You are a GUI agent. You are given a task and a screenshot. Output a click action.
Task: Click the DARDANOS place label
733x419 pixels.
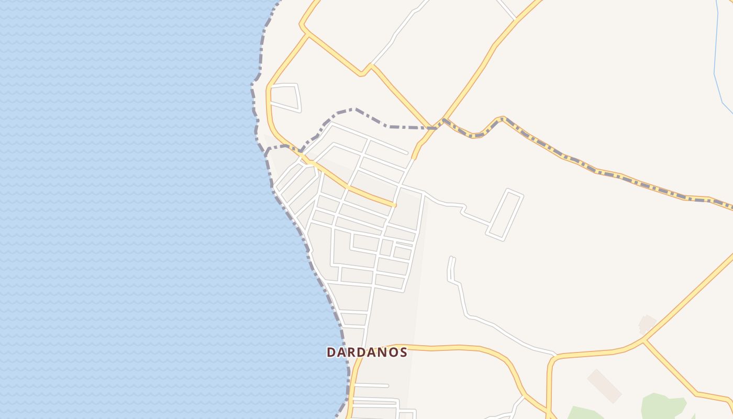(366, 352)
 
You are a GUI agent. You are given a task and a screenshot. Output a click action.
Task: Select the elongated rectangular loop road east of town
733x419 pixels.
(505, 215)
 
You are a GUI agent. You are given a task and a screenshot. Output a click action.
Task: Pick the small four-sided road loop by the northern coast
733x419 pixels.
(284, 97)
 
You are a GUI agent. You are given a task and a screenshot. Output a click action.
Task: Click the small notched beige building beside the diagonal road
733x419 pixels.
(647, 324)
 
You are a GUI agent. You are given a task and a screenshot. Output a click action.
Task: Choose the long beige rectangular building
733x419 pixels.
(604, 385)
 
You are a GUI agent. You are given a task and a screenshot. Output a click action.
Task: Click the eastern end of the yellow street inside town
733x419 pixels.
(394, 204)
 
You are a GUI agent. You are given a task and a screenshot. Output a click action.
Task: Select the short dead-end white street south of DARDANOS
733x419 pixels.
(371, 385)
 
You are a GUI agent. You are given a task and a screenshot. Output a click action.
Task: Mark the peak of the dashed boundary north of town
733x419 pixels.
(355, 109)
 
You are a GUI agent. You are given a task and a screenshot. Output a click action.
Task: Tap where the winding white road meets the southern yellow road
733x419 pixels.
(555, 355)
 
